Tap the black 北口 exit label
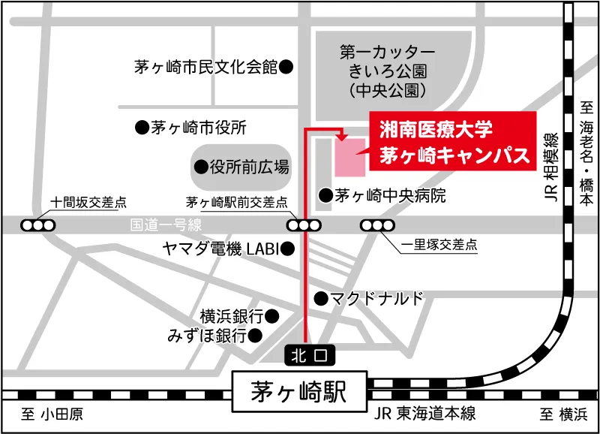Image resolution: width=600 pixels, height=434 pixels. pyautogui.click(x=305, y=353)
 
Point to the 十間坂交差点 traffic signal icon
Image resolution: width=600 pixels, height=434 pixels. pyautogui.click(x=37, y=225)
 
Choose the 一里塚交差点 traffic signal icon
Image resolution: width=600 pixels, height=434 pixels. pyautogui.click(x=378, y=225)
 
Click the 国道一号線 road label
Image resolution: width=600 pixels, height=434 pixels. pyautogui.click(x=166, y=225)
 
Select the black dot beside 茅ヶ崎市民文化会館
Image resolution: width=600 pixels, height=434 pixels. pyautogui.click(x=286, y=67)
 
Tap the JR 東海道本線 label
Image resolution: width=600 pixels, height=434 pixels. pyautogui.click(x=424, y=414)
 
